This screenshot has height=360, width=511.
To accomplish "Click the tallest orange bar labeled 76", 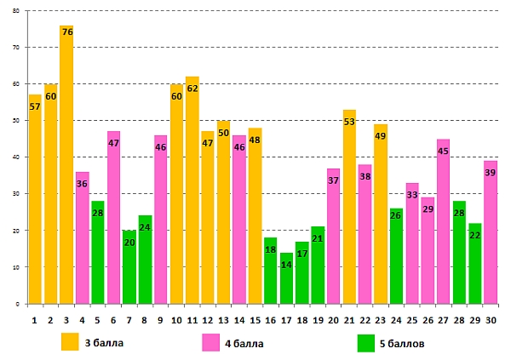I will click(x=66, y=170).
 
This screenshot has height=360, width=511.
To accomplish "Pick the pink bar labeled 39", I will click(x=491, y=238).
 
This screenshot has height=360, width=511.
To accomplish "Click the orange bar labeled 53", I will click(x=350, y=213).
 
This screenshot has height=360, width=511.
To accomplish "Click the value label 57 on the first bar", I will click(x=35, y=106).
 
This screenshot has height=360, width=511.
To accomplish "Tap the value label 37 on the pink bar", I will click(x=334, y=180).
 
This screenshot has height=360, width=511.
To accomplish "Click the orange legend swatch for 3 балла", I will click(x=71, y=343).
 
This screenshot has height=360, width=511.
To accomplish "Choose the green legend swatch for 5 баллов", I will click(x=367, y=343).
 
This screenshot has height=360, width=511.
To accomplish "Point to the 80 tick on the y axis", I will click(x=15, y=11).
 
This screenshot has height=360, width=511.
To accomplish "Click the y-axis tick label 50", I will click(x=15, y=121).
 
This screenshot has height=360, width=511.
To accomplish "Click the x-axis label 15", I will click(x=255, y=320).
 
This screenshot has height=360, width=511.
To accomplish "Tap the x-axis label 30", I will click(x=491, y=320).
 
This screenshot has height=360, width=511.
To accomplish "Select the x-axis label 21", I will click(x=350, y=320).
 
